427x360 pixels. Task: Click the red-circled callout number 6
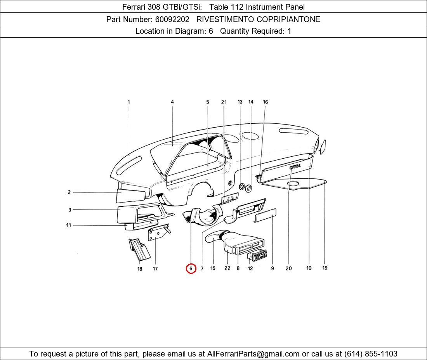(191, 268)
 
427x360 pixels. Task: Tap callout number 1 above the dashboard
(128, 102)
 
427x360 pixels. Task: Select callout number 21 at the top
(224, 102)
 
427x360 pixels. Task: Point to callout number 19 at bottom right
(325, 268)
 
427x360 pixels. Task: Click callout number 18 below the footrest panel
(140, 269)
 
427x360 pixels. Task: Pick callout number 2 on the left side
(69, 192)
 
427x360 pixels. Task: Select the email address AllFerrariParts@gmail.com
(253, 354)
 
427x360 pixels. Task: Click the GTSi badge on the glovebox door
(295, 166)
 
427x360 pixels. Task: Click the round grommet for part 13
(241, 187)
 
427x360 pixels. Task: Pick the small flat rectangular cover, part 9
(265, 215)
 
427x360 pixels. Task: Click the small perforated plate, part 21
(229, 198)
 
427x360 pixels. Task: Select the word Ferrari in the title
(134, 7)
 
